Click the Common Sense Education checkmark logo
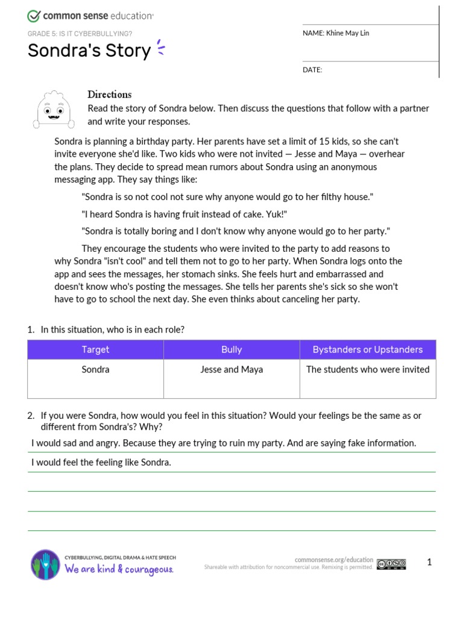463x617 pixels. [x=34, y=16]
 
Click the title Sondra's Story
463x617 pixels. [x=89, y=51]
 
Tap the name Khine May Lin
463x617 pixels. [x=348, y=33]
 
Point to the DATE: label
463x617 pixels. [x=312, y=70]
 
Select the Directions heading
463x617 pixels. [x=109, y=95]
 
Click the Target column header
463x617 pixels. [x=95, y=349]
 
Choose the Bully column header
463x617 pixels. [x=231, y=349]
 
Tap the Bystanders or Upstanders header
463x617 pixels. [x=367, y=349]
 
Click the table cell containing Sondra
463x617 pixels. [x=95, y=369]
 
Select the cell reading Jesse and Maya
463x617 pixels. [x=231, y=369]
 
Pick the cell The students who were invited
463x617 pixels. [x=367, y=369]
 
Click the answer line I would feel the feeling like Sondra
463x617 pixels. [x=101, y=463]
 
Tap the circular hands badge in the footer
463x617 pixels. [x=45, y=565]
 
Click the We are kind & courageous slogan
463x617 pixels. [x=119, y=569]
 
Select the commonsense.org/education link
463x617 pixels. [x=334, y=560]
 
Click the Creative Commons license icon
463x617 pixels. [x=391, y=565]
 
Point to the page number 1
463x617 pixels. [x=429, y=563]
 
